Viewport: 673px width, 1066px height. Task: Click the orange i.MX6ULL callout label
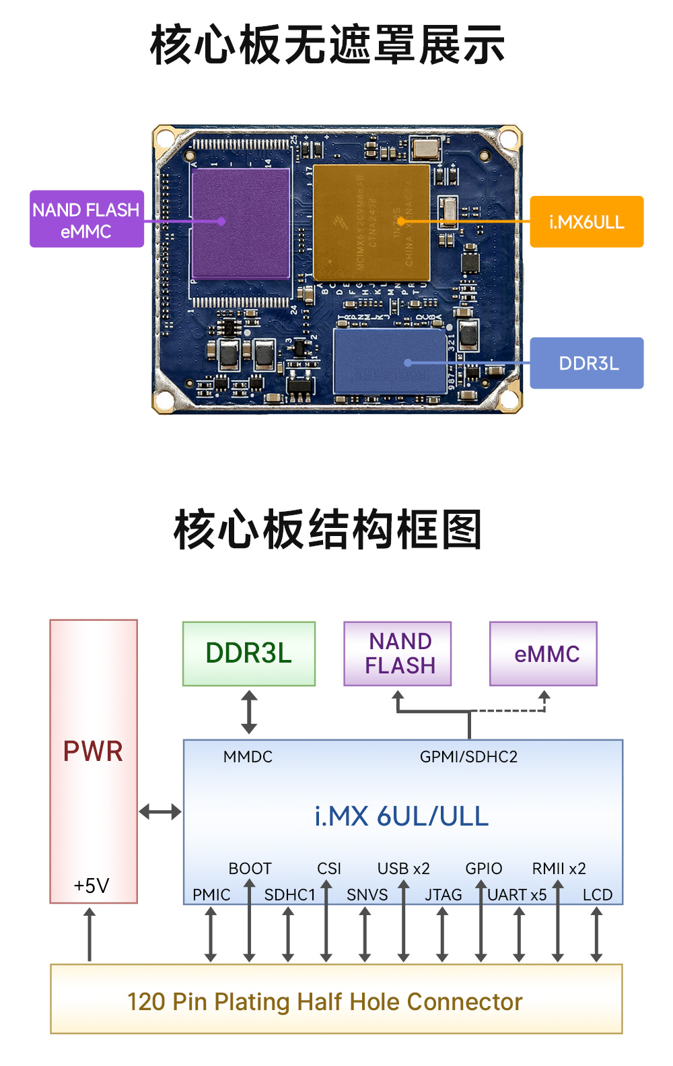[586, 222]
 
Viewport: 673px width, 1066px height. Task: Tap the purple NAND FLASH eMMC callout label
[86, 220]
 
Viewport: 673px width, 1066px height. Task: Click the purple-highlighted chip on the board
[240, 223]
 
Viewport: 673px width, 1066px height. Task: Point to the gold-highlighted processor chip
[371, 223]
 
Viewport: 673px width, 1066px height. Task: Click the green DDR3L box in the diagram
[248, 653]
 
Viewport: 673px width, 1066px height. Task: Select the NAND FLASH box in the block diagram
[398, 653]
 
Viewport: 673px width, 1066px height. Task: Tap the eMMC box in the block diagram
[543, 653]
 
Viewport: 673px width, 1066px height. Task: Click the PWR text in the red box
[93, 751]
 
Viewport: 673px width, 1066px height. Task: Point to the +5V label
[92, 885]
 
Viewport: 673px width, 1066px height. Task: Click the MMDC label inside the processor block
[248, 757]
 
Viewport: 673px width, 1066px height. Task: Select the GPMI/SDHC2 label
[468, 757]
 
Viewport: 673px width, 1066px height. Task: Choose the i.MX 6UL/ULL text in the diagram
[401, 816]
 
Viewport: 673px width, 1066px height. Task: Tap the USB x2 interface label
[403, 869]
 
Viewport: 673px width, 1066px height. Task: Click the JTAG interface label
[443, 895]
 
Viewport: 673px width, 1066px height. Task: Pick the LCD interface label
[597, 895]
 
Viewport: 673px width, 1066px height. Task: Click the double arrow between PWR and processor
[160, 811]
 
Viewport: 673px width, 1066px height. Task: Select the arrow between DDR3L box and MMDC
[249, 712]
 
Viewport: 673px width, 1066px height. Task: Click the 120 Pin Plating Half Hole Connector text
[324, 1001]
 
